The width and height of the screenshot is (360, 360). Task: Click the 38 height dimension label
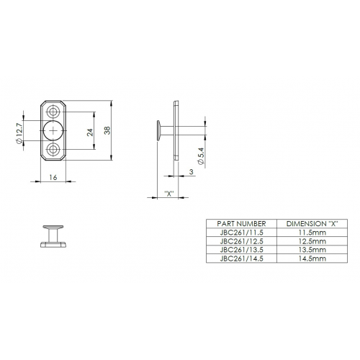pyautogui.click(x=107, y=130)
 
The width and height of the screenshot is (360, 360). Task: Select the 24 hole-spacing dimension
pyautogui.click(x=90, y=132)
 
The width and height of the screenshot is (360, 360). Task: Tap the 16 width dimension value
pyautogui.click(x=53, y=177)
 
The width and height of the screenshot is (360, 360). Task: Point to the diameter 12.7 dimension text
pyautogui.click(x=19, y=133)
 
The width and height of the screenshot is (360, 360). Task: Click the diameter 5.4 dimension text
pyautogui.click(x=201, y=156)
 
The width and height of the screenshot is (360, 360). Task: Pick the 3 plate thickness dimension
pyautogui.click(x=192, y=172)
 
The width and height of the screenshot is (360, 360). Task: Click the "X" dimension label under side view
pyautogui.click(x=169, y=194)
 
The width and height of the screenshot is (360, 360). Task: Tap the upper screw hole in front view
pyautogui.click(x=53, y=112)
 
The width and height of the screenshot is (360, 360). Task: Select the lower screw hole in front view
pyautogui.click(x=53, y=149)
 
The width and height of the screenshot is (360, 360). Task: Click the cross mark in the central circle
pyautogui.click(x=53, y=130)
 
